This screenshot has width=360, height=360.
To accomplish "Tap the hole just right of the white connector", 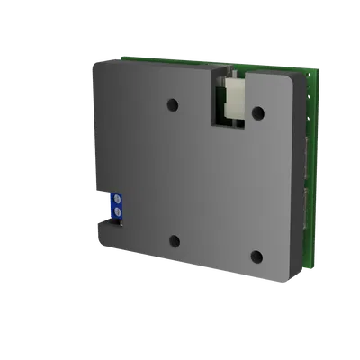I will click(257, 112).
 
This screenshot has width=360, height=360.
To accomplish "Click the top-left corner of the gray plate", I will click(94, 61).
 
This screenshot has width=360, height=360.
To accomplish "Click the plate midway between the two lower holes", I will click(215, 247).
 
